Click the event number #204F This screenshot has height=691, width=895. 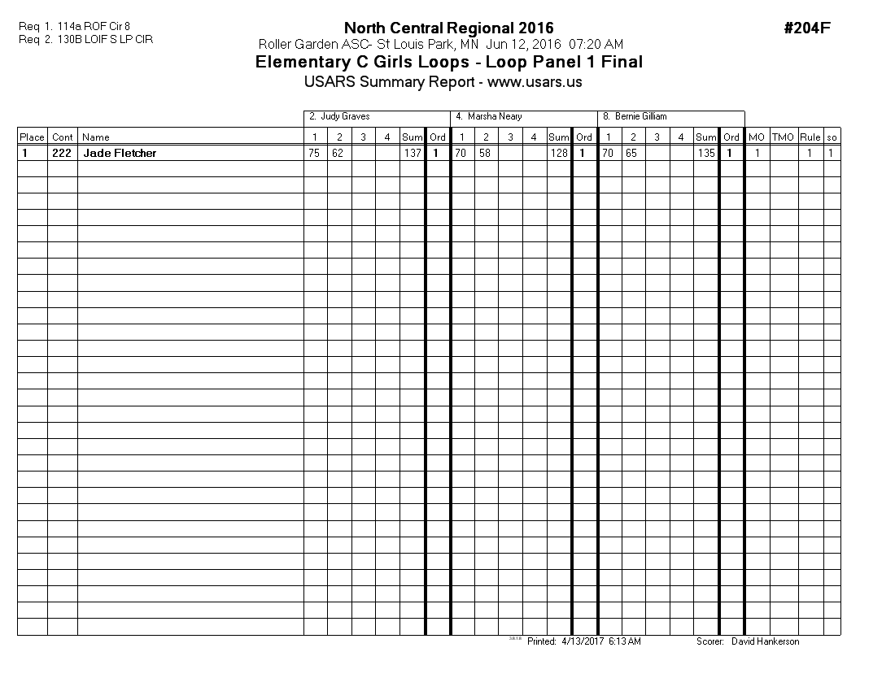(806, 28)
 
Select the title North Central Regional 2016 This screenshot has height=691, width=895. (448, 28)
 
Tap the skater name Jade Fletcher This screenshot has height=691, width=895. (120, 153)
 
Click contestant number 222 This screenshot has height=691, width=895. (62, 153)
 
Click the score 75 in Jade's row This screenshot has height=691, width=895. (314, 153)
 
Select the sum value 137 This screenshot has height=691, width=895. (413, 153)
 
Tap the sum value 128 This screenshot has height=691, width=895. (559, 153)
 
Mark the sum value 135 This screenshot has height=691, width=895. (706, 153)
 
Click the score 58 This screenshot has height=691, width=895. (485, 153)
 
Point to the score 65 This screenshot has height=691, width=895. (631, 153)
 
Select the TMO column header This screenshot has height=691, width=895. (783, 137)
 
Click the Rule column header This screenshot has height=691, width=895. (810, 137)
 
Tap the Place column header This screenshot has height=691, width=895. (32, 137)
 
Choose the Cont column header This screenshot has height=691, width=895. (63, 137)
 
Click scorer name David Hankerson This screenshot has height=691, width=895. (765, 642)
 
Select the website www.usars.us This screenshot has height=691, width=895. (535, 82)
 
